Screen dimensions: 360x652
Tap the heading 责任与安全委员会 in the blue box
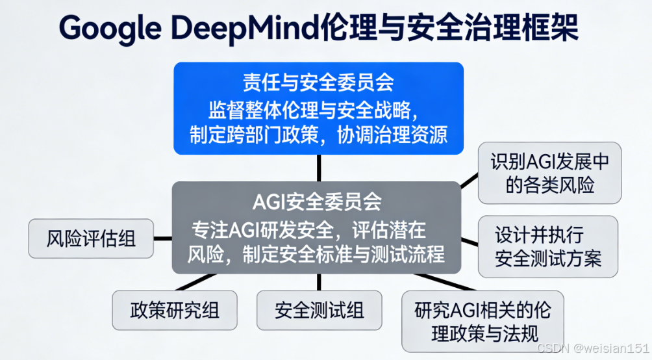[x=318, y=83]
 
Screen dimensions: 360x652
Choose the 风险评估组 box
[x=91, y=238]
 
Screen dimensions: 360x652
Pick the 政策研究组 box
[x=175, y=310]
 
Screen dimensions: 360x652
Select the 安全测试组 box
[x=319, y=310]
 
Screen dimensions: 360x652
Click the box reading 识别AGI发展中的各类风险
[x=549, y=173]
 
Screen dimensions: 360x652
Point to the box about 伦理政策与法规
[x=483, y=322]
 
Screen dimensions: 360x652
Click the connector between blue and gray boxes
[x=318, y=168]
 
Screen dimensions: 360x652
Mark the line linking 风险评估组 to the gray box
[x=162, y=238]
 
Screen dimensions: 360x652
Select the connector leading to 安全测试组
[x=318, y=281]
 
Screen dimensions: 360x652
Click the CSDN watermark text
[x=553, y=349]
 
